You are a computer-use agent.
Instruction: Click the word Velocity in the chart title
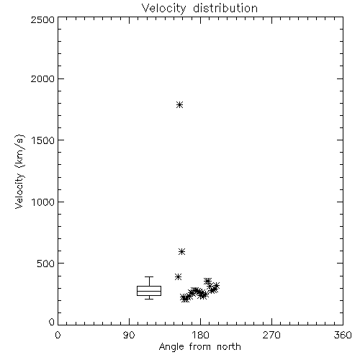164,9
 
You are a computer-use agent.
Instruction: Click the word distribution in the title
225,8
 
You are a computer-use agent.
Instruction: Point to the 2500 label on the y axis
42,19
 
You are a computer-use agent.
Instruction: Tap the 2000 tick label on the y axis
42,79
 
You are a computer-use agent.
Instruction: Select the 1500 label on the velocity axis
43,140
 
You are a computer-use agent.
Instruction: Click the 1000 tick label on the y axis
43,202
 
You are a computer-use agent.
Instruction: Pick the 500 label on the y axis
46,264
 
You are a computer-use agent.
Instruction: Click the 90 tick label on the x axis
129,335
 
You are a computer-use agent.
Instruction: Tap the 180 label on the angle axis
201,335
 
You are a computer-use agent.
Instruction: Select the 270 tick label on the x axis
271,335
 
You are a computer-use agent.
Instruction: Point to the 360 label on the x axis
343,335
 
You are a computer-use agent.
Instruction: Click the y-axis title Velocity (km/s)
19,171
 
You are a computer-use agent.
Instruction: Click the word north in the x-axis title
229,347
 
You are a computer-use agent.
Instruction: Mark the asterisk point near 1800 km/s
179,105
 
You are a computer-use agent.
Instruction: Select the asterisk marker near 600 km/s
181,251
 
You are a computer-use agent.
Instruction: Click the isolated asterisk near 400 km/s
178,276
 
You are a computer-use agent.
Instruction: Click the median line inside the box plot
149,291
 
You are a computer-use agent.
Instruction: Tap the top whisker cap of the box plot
149,277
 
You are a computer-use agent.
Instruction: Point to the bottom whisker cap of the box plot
149,299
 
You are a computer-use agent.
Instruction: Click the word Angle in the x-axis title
171,347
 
